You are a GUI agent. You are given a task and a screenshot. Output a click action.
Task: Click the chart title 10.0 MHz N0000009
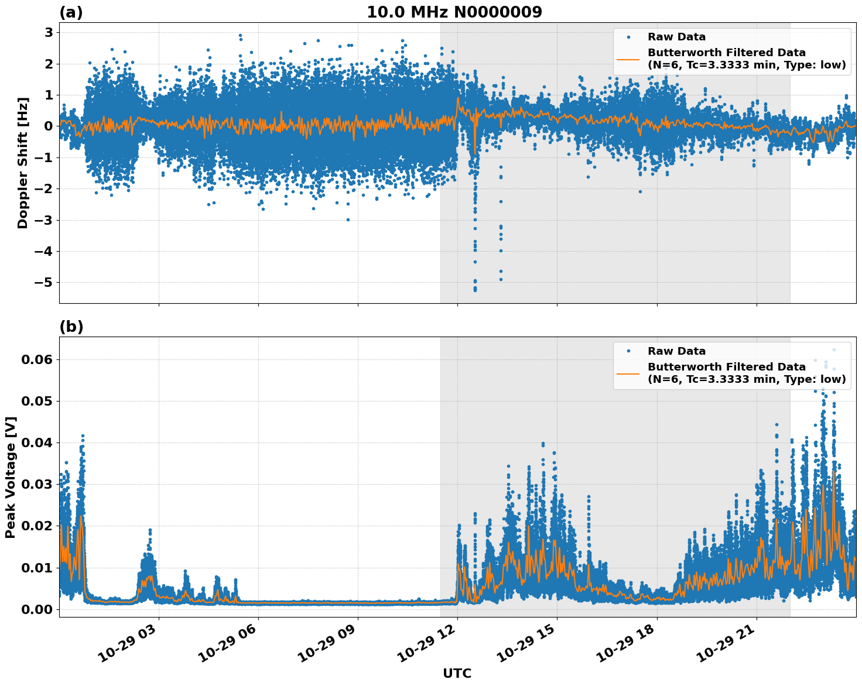point(454,12)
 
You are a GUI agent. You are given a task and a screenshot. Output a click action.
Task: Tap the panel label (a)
point(71,12)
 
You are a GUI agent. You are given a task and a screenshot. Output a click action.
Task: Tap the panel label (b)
point(71,327)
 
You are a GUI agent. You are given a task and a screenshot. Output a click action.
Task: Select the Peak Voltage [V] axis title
point(11,477)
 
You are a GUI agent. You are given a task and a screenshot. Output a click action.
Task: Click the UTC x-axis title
point(457,673)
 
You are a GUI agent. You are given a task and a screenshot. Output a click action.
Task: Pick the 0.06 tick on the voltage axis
point(36,359)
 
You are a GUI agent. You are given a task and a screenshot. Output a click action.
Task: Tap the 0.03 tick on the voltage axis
point(36,485)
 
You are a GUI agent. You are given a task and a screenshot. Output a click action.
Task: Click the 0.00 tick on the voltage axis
point(36,609)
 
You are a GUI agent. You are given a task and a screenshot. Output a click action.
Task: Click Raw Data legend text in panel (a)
point(676,37)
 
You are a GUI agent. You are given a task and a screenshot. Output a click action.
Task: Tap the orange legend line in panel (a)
point(628,59)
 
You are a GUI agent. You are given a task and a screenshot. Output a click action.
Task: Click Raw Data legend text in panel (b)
point(676,351)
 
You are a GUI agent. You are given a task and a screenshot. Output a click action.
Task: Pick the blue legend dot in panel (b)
point(628,351)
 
